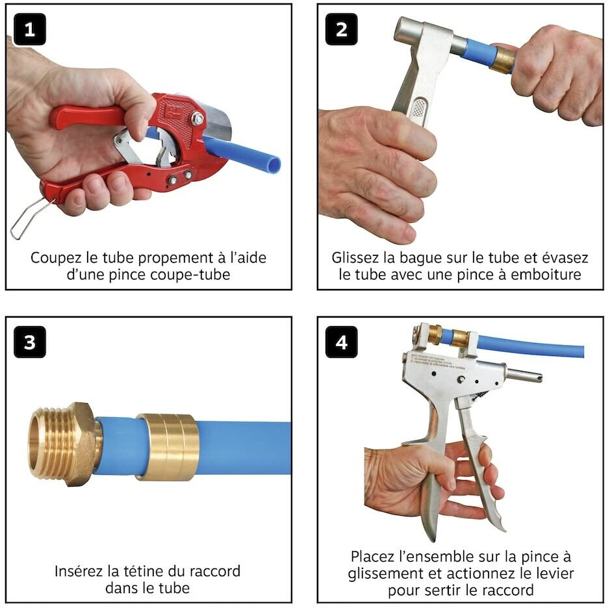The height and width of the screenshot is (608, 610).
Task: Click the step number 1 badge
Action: coord(30,29)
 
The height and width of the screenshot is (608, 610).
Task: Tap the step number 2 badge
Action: coord(341,29)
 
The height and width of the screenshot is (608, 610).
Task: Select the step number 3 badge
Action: coord(30,342)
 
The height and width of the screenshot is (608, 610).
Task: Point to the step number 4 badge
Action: coord(341,342)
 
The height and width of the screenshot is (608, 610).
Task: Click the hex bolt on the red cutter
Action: coord(197,118)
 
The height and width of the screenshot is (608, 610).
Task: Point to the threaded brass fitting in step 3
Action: coord(64,444)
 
